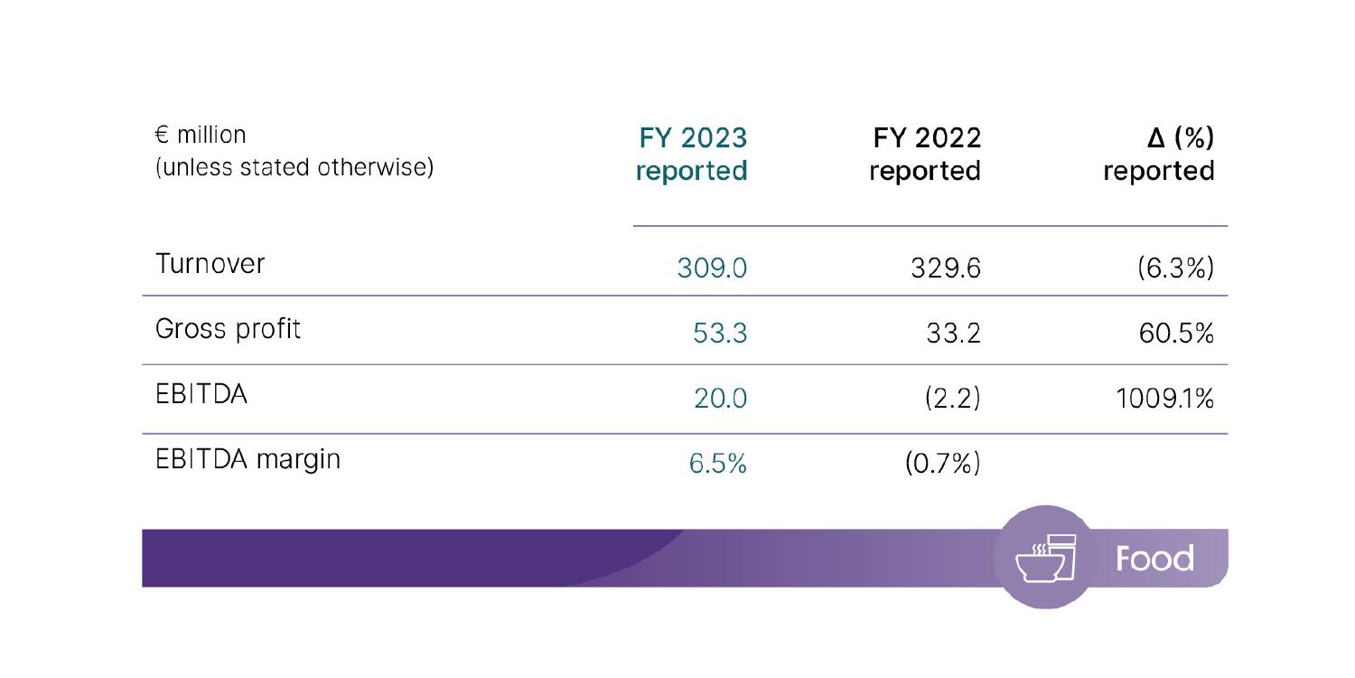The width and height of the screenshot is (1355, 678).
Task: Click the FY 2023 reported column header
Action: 692,154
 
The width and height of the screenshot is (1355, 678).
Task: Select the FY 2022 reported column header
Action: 926,154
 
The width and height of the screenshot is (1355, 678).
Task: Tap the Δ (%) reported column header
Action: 1159,154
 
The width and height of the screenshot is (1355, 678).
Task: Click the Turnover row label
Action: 210,264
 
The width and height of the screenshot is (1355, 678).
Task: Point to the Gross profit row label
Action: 228,330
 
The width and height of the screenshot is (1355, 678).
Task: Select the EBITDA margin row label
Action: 248,459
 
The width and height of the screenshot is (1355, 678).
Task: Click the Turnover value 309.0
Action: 712,268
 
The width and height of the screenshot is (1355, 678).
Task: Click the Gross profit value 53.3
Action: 720,334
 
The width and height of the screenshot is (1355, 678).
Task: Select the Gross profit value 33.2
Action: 953,334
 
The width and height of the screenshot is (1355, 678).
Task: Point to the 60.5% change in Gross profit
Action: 1175,334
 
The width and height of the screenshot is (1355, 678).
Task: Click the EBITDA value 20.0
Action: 720,399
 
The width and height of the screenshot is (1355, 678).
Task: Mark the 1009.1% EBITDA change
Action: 1164,399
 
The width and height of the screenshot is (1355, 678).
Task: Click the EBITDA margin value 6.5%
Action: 718,465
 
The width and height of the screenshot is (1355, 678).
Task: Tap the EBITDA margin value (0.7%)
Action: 942,465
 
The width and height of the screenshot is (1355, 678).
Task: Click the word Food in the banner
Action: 1154,559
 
